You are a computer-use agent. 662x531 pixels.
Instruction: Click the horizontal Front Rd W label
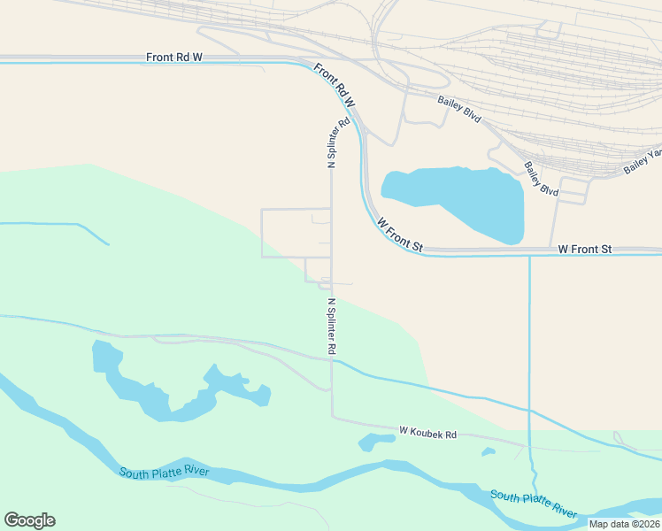pyautogui.click(x=174, y=57)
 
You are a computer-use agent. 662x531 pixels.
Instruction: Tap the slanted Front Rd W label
pyautogui.click(x=334, y=85)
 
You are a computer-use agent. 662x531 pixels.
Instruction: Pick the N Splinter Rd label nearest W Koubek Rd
pyautogui.click(x=331, y=326)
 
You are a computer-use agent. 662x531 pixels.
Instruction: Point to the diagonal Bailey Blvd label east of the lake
pyautogui.click(x=541, y=179)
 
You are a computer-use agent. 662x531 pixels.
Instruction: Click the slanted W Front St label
pyautogui.click(x=400, y=236)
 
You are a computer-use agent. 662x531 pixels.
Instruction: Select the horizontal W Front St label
pyautogui.click(x=584, y=250)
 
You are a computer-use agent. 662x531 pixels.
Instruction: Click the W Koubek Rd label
pyautogui.click(x=427, y=434)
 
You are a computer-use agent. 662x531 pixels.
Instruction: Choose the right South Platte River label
pyautogui.click(x=533, y=504)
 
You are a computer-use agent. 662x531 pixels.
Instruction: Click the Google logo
pyautogui.click(x=29, y=520)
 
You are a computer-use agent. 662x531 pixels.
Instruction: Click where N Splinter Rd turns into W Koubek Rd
pyautogui.click(x=332, y=417)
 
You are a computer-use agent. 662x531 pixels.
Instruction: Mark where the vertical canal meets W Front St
pyautogui.click(x=529, y=254)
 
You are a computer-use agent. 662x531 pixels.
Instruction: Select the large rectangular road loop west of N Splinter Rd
pyautogui.click(x=296, y=233)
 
